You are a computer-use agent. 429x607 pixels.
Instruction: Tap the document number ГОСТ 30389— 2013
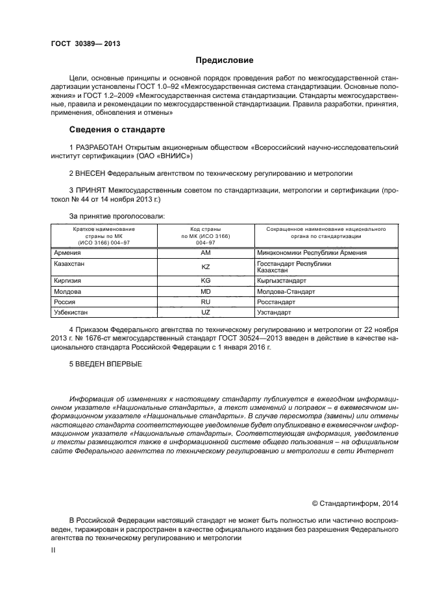point(86,43)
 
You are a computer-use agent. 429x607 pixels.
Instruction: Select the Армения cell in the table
point(68,253)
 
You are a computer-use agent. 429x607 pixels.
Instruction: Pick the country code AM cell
point(206,253)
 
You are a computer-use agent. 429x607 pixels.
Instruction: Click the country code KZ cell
point(206,267)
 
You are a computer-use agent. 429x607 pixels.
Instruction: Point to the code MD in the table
point(206,292)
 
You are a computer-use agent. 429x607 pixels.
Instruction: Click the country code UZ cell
point(206,313)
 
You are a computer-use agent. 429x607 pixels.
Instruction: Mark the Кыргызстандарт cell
point(282,281)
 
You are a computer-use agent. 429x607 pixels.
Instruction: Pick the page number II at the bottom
point(54,550)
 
